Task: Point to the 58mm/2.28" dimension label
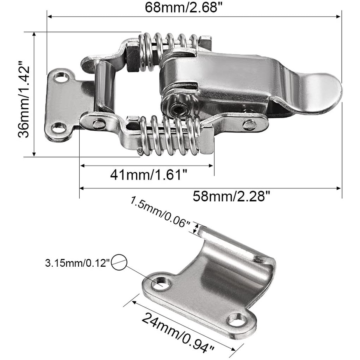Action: click(x=231, y=196)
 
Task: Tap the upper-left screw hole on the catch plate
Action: click(x=162, y=283)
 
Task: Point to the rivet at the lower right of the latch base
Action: click(x=249, y=125)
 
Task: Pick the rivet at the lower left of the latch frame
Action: click(x=98, y=124)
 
